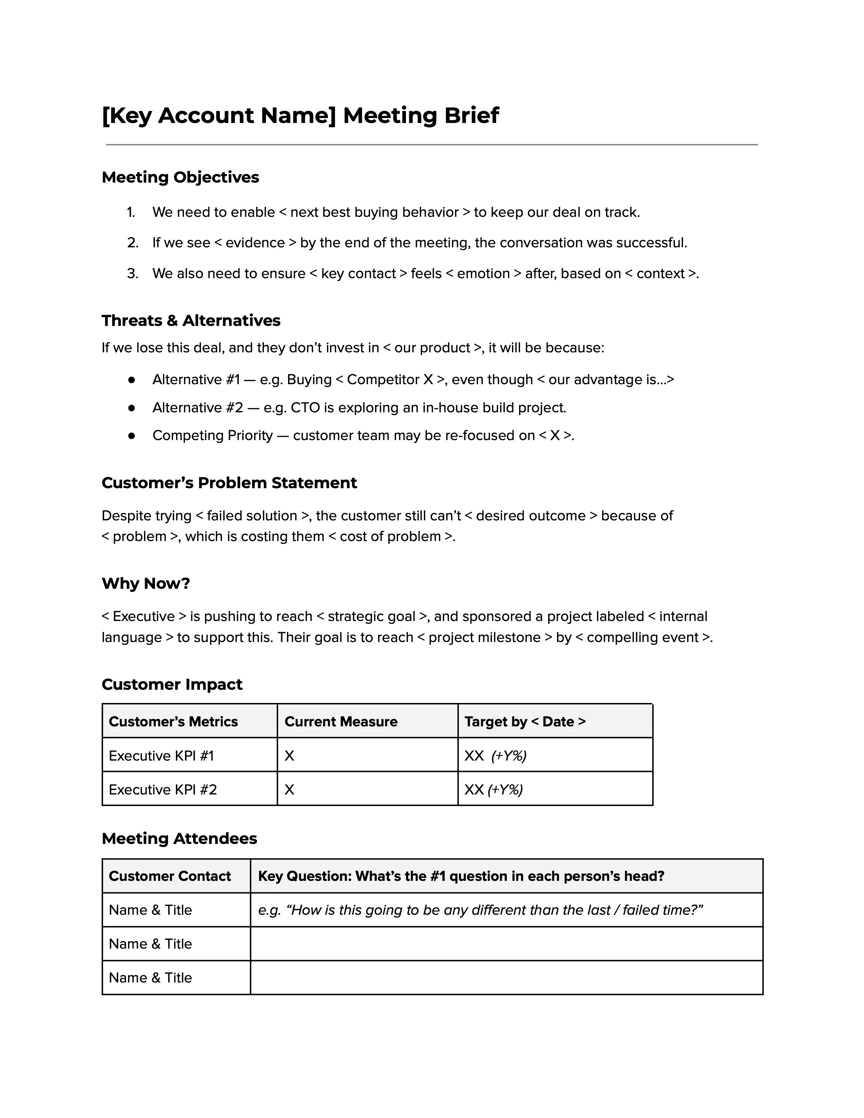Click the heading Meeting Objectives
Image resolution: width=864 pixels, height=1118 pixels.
click(180, 177)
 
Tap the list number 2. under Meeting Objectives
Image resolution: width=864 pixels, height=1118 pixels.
click(132, 243)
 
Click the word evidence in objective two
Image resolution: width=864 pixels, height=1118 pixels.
click(255, 243)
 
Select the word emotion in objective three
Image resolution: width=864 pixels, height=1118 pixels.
click(483, 274)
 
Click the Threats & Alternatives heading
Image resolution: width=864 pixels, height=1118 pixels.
click(191, 320)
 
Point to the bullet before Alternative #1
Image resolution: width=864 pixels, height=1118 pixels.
click(131, 380)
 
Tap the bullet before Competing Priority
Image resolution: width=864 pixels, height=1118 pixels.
click(131, 436)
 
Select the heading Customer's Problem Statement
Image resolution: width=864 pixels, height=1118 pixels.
click(229, 483)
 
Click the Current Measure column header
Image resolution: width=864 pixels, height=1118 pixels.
click(341, 721)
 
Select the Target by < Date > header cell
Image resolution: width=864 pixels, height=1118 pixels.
click(524, 721)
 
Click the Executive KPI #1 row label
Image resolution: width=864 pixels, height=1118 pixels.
click(161, 755)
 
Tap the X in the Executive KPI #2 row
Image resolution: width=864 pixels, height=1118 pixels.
click(289, 789)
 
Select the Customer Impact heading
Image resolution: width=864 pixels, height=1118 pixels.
click(172, 684)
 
